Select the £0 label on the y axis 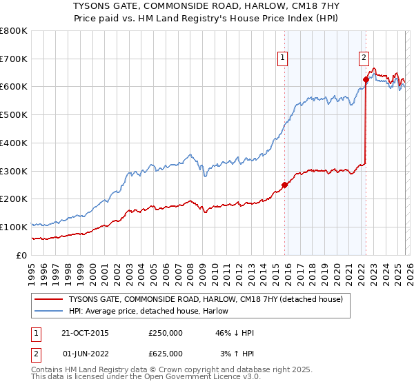pos(22,255)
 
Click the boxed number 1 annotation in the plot pos(283,59)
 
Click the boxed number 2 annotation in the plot pos(364,59)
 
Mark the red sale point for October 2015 pos(284,185)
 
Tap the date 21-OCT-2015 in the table pos(86,333)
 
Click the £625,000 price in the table pos(166,353)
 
